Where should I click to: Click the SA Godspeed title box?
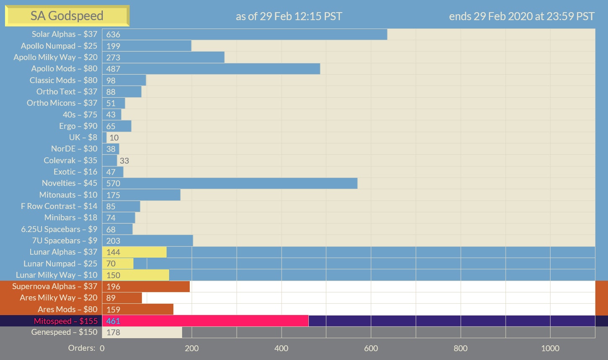67,16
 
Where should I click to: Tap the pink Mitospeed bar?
205,321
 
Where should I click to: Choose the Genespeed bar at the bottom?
142,332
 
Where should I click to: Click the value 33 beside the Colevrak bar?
124,161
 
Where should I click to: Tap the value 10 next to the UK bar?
114,138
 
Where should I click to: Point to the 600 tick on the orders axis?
371,348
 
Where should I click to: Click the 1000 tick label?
550,348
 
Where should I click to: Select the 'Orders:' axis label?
81,348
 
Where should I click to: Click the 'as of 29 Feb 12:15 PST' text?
289,17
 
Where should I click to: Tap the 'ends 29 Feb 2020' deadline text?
522,17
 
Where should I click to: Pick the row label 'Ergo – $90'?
78,126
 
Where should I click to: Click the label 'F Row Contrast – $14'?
59,206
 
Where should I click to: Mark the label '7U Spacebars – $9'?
65,241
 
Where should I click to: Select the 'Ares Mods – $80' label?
68,310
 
